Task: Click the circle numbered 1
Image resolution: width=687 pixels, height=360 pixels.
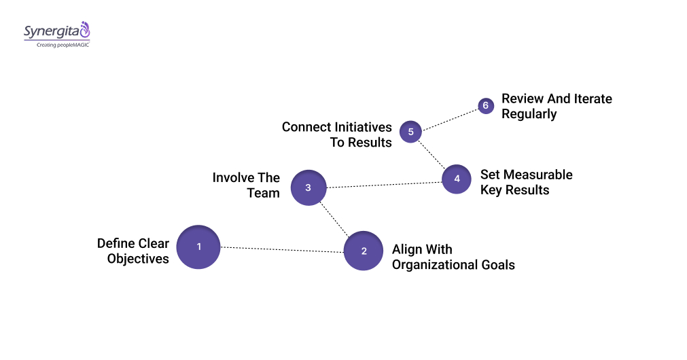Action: click(198, 247)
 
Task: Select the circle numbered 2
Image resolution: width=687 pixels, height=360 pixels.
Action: click(364, 251)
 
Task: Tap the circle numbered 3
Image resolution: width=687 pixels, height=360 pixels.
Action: click(309, 187)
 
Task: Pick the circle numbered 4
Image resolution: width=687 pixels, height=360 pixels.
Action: click(457, 179)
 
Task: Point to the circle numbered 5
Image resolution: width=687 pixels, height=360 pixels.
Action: click(410, 131)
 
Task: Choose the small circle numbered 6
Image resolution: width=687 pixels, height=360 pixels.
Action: click(485, 106)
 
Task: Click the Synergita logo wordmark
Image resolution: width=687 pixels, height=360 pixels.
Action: click(52, 31)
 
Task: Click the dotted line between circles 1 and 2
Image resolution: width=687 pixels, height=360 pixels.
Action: click(281, 249)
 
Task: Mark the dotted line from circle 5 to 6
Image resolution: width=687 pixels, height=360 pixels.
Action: click(448, 118)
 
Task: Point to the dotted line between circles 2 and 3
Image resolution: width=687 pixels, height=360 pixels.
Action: click(336, 219)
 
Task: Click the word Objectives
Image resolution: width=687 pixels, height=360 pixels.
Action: click(138, 259)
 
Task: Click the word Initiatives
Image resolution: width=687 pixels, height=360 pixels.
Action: click(362, 127)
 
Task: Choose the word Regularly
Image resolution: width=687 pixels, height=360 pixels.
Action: click(529, 114)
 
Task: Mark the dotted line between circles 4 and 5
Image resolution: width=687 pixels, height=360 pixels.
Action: click(432, 154)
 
